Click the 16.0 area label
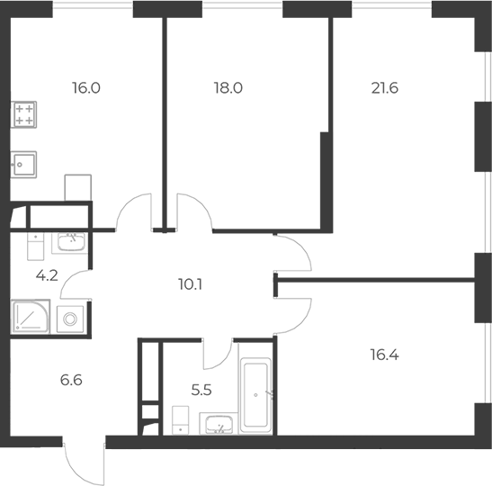pyautogui.click(x=85, y=88)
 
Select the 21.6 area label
pyautogui.click(x=385, y=88)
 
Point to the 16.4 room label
pyautogui.click(x=385, y=355)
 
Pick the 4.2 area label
pyautogui.click(x=45, y=275)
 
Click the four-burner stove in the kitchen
pyautogui.click(x=24, y=115)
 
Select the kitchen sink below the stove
pyautogui.click(x=24, y=164)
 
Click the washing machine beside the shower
pyautogui.click(x=69, y=318)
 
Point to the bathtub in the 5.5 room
pyautogui.click(x=256, y=395)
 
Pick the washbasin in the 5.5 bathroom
pyautogui.click(x=218, y=423)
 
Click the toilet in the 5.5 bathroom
pyautogui.click(x=180, y=420)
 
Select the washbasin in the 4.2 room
pyautogui.click(x=70, y=240)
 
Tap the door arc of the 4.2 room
pyautogui.click(x=76, y=288)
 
